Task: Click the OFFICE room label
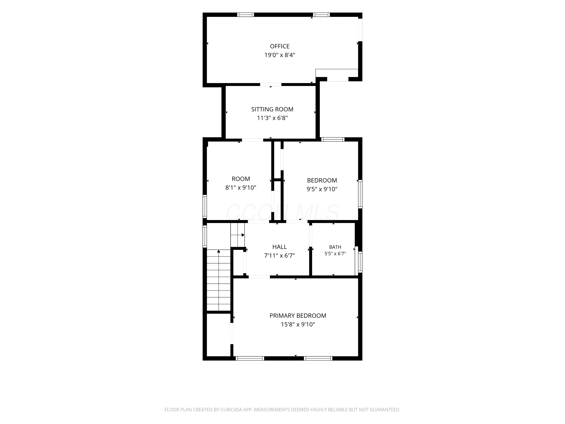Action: (x=280, y=46)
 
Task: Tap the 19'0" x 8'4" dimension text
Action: (x=280, y=55)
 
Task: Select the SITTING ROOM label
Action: (x=272, y=109)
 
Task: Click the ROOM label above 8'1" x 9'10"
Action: (x=241, y=179)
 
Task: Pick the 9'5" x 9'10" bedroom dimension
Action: (x=322, y=189)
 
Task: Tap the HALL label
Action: (x=279, y=247)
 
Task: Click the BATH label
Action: (x=335, y=247)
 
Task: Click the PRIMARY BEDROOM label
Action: (x=298, y=316)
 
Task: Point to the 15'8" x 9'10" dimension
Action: (x=298, y=324)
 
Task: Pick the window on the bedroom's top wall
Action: (x=333, y=139)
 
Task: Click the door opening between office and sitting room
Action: (x=271, y=85)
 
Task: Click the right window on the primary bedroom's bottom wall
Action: (x=318, y=358)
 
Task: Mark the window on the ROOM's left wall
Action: (x=205, y=206)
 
